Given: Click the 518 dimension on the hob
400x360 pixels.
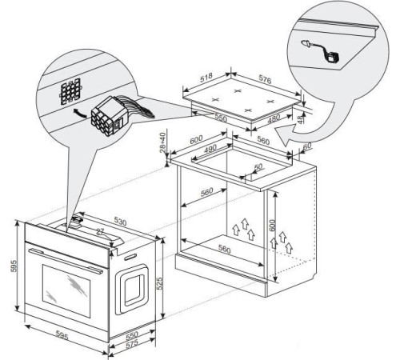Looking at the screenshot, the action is tap(206, 77).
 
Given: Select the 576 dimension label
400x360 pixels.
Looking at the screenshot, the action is tap(265, 79).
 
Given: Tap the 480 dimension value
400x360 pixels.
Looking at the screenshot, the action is tap(274, 118).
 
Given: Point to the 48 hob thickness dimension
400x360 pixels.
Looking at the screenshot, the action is tap(301, 119).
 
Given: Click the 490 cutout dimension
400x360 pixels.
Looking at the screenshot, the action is tap(210, 149).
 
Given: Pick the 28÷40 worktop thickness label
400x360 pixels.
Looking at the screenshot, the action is tap(162, 142).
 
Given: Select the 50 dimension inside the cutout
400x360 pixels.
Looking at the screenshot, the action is tap(258, 166).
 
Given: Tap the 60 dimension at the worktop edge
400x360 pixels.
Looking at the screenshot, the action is tap(307, 146).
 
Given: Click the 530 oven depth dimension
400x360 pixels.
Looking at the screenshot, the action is tap(120, 222).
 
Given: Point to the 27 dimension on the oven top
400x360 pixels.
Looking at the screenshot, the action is tap(100, 231).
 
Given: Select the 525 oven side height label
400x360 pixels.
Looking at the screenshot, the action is tap(159, 283).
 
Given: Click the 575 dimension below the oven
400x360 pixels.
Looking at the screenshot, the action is tap(132, 344).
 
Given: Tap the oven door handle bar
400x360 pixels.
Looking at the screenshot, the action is tap(66, 261).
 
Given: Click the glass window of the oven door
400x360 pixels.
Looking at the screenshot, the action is tap(66, 290).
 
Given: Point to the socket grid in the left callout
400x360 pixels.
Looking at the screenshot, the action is tap(70, 90).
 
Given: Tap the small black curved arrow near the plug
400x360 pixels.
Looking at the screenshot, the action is tap(79, 114).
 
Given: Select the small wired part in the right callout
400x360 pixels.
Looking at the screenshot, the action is tap(321, 52).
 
